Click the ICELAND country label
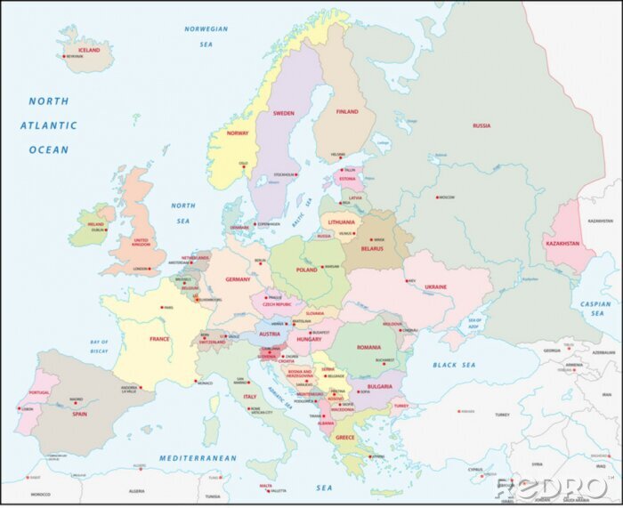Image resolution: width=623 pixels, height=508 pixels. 89,50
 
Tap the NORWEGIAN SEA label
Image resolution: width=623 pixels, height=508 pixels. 206,36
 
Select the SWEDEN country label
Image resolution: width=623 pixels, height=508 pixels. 284,113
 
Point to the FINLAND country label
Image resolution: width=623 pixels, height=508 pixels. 347,112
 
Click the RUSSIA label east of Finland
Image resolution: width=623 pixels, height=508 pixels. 481,125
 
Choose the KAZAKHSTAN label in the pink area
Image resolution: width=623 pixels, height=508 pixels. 563,243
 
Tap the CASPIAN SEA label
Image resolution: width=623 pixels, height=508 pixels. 597,309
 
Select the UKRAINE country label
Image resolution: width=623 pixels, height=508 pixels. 436,286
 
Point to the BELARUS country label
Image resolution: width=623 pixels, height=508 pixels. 371,249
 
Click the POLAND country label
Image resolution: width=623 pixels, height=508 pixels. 307,269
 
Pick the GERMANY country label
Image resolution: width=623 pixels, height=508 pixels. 238,279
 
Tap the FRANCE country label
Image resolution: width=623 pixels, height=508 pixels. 159,339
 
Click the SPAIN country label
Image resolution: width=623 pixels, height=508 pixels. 80,414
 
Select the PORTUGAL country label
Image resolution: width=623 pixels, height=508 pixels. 39,392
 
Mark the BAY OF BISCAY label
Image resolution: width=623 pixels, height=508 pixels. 99,347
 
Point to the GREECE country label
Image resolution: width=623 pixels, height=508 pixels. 345,437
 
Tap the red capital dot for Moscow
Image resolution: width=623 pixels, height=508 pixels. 437,197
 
